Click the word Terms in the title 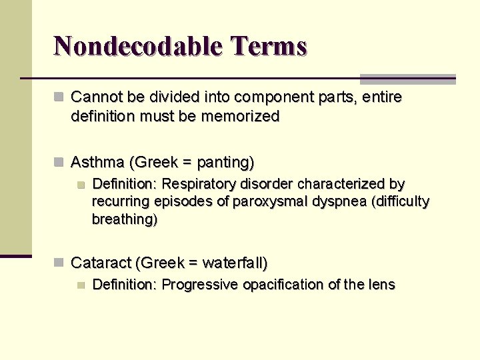pyautogui.click(x=269, y=46)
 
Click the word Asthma pyautogui.click(x=98, y=162)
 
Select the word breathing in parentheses pyautogui.click(x=123, y=219)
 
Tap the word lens pyautogui.click(x=381, y=285)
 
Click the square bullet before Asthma pyautogui.click(x=59, y=162)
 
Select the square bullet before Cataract pyautogui.click(x=59, y=263)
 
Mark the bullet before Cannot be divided pyautogui.click(x=59, y=97)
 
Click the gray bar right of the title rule pyautogui.click(x=407, y=79)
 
